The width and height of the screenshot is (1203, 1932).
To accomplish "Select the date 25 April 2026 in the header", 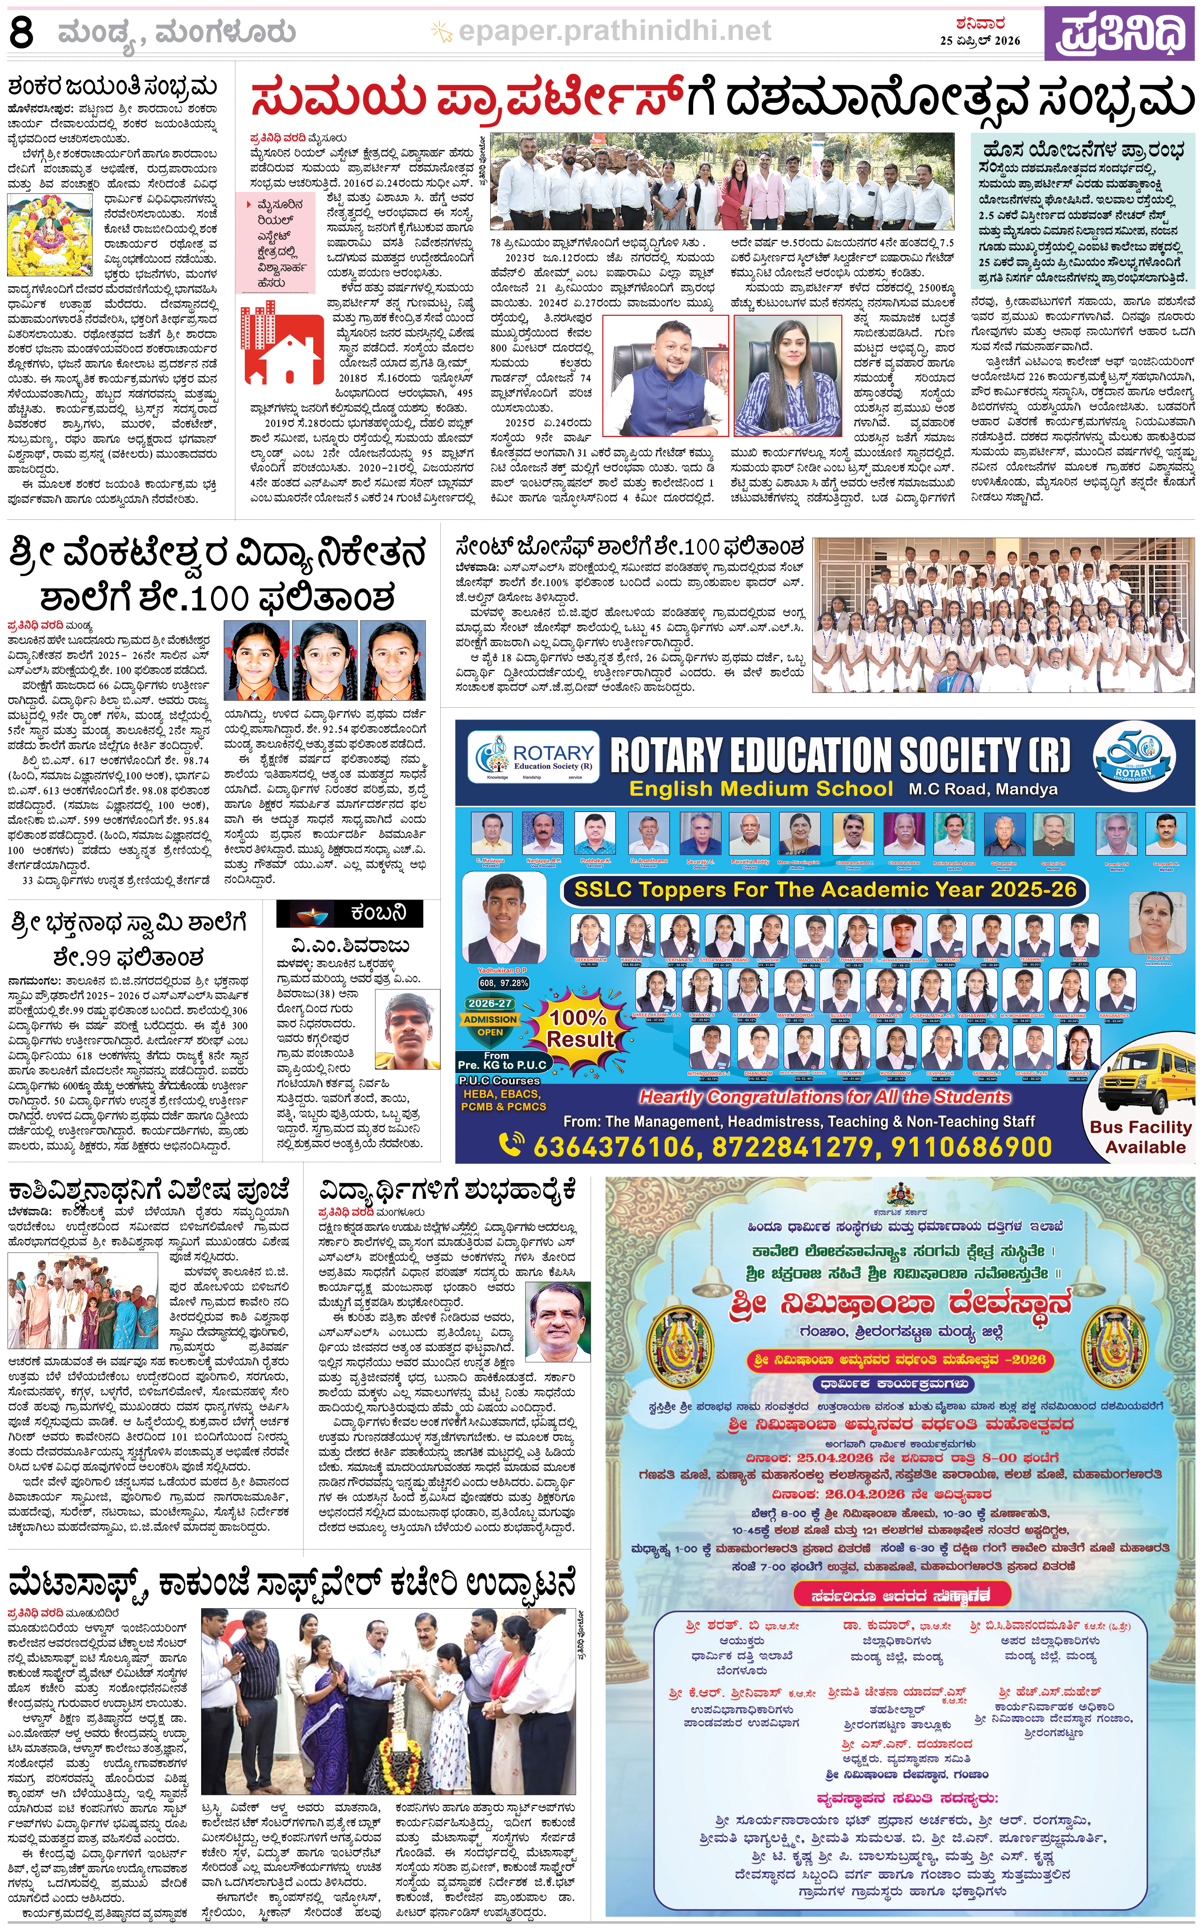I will point(979,40).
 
